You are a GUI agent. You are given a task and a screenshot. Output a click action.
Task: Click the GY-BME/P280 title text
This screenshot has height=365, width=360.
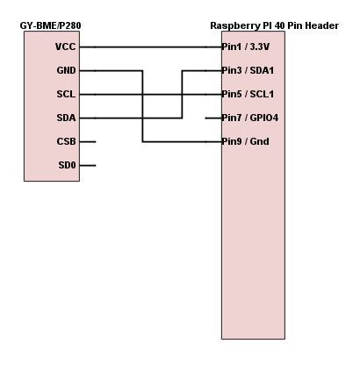click(51, 26)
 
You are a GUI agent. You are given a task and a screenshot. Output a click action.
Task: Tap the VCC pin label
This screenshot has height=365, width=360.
click(65, 47)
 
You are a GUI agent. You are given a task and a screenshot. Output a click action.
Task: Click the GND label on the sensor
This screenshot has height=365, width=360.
click(65, 70)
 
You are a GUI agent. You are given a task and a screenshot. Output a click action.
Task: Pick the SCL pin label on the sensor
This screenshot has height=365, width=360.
click(65, 94)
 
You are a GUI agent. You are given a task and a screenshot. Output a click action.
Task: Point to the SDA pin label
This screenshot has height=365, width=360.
click(65, 118)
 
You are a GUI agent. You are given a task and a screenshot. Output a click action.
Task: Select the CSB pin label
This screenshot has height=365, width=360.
click(65, 141)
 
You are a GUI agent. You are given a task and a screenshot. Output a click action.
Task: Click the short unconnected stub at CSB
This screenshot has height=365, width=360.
click(88, 141)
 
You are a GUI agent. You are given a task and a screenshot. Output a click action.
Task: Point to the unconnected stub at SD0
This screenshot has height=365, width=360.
click(88, 165)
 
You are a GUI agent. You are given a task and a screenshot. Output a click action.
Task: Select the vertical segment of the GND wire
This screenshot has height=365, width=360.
click(142, 105)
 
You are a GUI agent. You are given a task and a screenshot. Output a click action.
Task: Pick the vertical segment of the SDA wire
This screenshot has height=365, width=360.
click(182, 83)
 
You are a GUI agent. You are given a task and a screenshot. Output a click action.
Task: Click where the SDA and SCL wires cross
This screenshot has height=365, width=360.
click(182, 94)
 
